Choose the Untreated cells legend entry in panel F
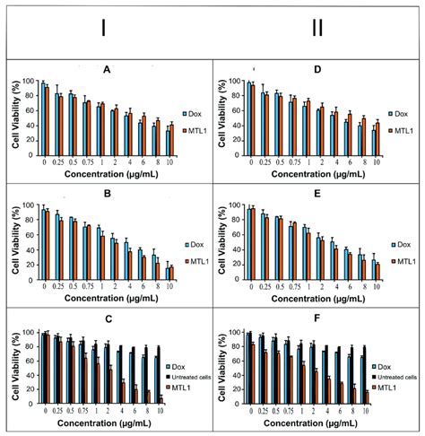click(x=398, y=378)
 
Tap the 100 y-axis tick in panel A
click(x=26, y=82)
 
